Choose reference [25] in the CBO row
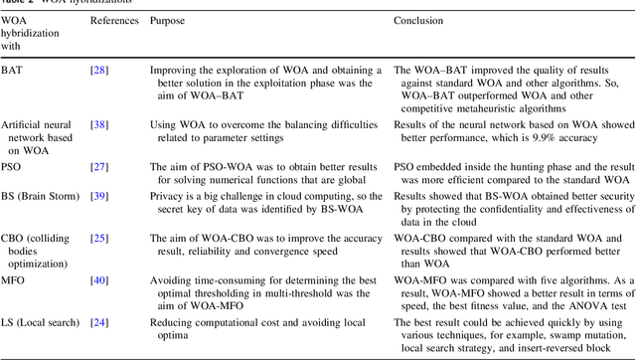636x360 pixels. click(99, 239)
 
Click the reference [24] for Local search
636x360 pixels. click(99, 323)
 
